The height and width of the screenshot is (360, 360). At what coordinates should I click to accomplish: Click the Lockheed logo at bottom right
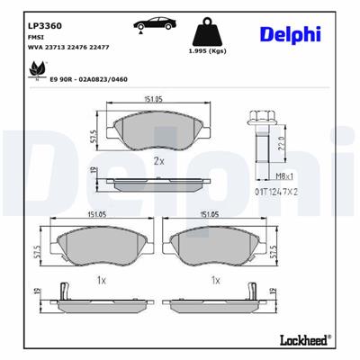[x=307, y=340]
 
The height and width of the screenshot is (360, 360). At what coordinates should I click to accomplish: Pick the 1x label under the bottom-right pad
[x=214, y=280]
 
